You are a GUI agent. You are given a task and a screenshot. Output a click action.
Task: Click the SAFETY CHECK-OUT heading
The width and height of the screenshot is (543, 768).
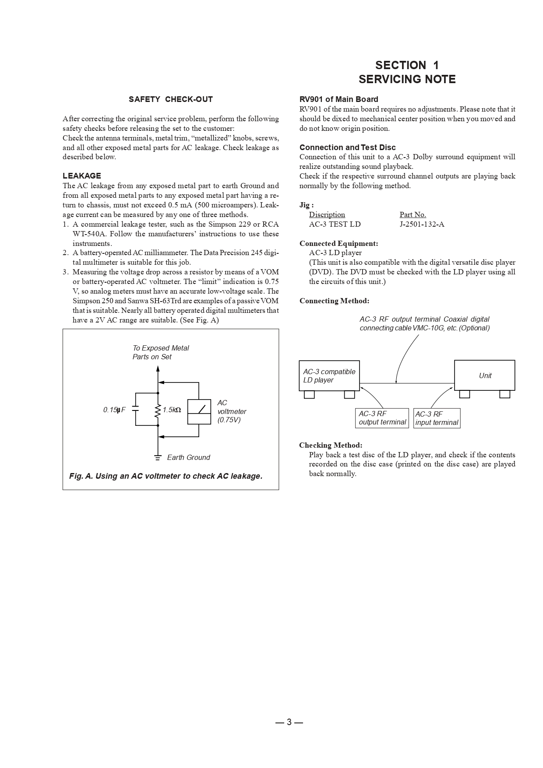(x=170, y=99)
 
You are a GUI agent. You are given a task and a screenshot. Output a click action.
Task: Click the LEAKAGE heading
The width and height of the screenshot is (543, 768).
(x=81, y=176)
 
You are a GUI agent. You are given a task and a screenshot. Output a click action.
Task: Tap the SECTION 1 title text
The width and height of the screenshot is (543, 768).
(x=407, y=65)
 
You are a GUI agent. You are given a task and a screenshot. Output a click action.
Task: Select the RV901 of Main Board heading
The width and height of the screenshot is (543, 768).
(x=338, y=99)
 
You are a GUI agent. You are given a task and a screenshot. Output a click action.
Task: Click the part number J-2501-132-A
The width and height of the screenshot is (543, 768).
(x=422, y=224)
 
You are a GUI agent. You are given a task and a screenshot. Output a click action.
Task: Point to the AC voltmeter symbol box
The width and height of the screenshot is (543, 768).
(x=199, y=412)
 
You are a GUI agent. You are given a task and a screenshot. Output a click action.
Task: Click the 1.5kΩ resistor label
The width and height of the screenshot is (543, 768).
(x=172, y=410)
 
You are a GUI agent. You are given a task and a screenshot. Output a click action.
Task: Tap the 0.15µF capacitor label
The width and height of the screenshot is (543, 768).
(x=114, y=410)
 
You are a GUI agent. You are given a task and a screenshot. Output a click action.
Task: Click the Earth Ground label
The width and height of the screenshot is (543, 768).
(x=188, y=457)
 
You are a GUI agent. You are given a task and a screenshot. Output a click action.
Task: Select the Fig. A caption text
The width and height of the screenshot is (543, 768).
(x=166, y=476)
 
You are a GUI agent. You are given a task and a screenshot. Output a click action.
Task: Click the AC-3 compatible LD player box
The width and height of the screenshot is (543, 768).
(x=329, y=375)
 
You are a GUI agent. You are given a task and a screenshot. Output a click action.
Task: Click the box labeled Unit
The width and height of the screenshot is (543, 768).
(x=484, y=375)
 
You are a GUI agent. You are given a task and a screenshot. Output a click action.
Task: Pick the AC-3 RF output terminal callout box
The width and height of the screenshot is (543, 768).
(x=382, y=418)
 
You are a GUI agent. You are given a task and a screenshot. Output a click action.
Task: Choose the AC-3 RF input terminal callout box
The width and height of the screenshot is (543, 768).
(x=437, y=418)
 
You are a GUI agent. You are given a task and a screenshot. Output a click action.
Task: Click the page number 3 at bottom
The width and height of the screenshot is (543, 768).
(x=289, y=722)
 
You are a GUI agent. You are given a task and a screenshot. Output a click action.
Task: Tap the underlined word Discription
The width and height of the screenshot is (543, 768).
(x=327, y=214)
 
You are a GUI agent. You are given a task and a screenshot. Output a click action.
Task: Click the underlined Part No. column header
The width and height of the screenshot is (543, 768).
(x=413, y=214)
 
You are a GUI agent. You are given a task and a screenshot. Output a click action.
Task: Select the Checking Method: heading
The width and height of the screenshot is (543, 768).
(x=331, y=445)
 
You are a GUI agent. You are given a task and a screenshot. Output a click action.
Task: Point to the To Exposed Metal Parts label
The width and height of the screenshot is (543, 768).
(x=161, y=352)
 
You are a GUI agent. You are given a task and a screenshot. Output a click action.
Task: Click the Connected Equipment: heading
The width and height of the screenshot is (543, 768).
(x=338, y=243)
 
